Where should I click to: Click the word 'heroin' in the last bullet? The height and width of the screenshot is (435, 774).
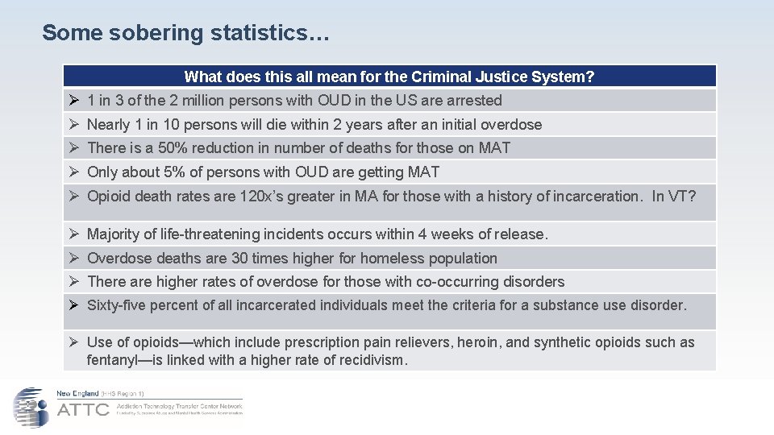(x=479, y=342)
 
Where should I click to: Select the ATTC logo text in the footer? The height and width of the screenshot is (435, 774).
(x=82, y=409)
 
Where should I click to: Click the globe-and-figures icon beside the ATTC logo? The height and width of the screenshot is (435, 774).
(x=31, y=407)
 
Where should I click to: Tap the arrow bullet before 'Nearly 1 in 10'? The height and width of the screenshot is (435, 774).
(x=73, y=125)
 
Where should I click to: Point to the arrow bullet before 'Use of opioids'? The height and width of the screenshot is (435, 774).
(x=73, y=342)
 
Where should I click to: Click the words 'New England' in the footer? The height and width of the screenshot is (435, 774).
(x=77, y=393)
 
